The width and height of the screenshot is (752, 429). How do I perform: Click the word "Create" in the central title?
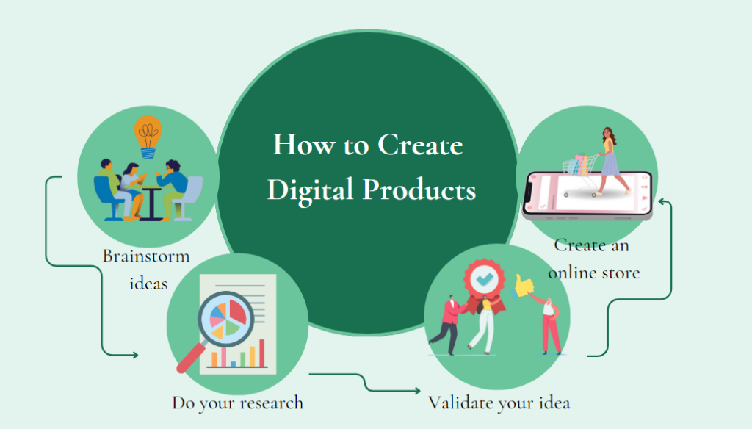(x=420, y=145)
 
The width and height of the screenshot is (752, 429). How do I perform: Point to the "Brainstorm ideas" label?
(x=146, y=270)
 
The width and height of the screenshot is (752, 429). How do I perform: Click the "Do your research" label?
(x=237, y=403)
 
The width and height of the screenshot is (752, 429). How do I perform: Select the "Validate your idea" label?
(x=499, y=403)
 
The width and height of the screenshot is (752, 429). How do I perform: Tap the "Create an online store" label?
(x=593, y=259)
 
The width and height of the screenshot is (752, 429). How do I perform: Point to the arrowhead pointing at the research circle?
(x=134, y=356)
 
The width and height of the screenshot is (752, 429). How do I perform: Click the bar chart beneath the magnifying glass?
(x=236, y=355)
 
